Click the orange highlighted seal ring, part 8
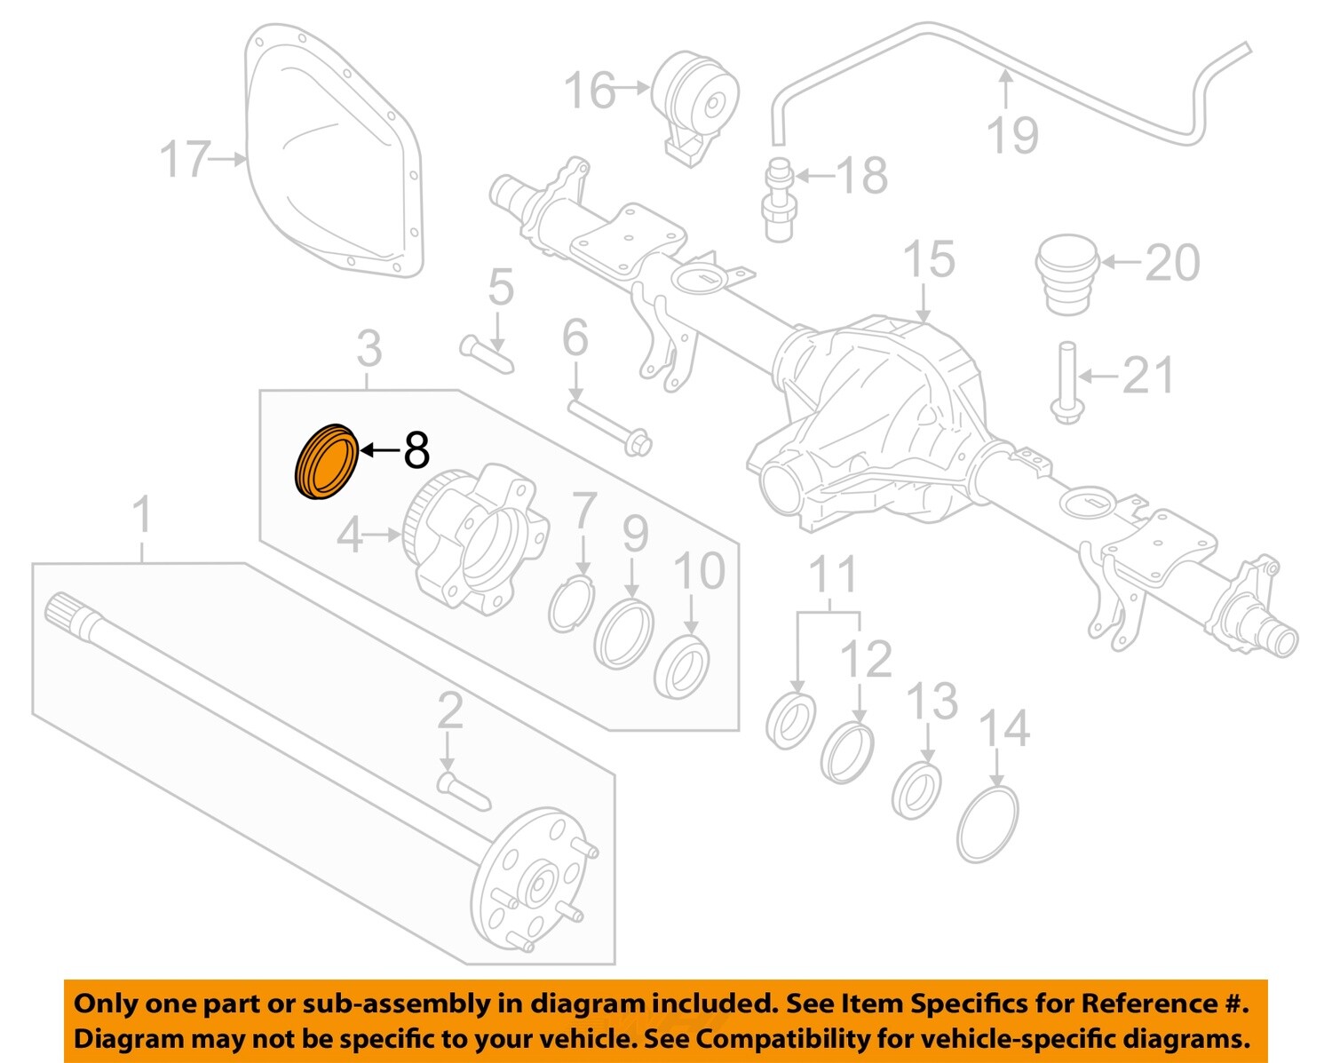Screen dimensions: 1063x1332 tap(326, 463)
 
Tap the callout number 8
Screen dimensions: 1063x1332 tap(416, 450)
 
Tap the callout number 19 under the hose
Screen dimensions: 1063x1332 tap(1012, 135)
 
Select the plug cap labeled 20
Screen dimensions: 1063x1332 tap(1066, 273)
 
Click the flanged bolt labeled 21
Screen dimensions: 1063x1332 tap(1066, 384)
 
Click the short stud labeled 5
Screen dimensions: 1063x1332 tap(487, 354)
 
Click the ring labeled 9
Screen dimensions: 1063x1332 tap(623, 633)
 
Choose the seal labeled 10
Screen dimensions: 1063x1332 tap(681, 667)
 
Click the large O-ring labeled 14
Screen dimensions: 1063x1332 tap(987, 823)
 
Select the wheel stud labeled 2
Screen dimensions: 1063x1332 tap(464, 791)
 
